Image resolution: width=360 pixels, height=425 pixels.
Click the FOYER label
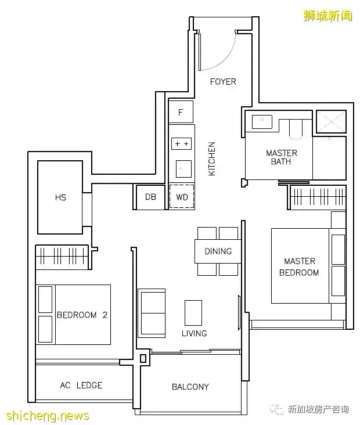[223, 82]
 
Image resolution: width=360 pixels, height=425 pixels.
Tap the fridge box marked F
[181, 111]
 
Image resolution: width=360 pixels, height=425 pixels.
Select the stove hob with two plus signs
[181, 143]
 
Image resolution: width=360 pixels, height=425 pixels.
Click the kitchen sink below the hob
[183, 169]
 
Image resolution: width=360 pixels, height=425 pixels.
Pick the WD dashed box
[182, 196]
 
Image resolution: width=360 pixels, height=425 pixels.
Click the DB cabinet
[150, 197]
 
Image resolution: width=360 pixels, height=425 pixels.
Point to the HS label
[60, 197]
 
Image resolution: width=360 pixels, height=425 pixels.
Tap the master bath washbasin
[262, 122]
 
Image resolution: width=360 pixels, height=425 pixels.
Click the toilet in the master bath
[296, 129]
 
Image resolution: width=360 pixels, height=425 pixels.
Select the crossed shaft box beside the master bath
[331, 121]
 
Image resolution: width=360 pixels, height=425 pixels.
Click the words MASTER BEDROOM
[299, 266]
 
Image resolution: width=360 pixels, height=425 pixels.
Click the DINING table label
[218, 251]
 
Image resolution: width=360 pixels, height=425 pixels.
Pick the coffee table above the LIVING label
[193, 312]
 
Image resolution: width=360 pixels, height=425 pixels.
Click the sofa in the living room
[152, 313]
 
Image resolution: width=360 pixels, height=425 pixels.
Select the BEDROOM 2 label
[82, 315]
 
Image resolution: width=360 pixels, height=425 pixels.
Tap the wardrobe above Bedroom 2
[62, 257]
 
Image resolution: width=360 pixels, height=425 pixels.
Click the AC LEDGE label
[81, 385]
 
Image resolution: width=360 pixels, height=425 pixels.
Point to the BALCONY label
[190, 387]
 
